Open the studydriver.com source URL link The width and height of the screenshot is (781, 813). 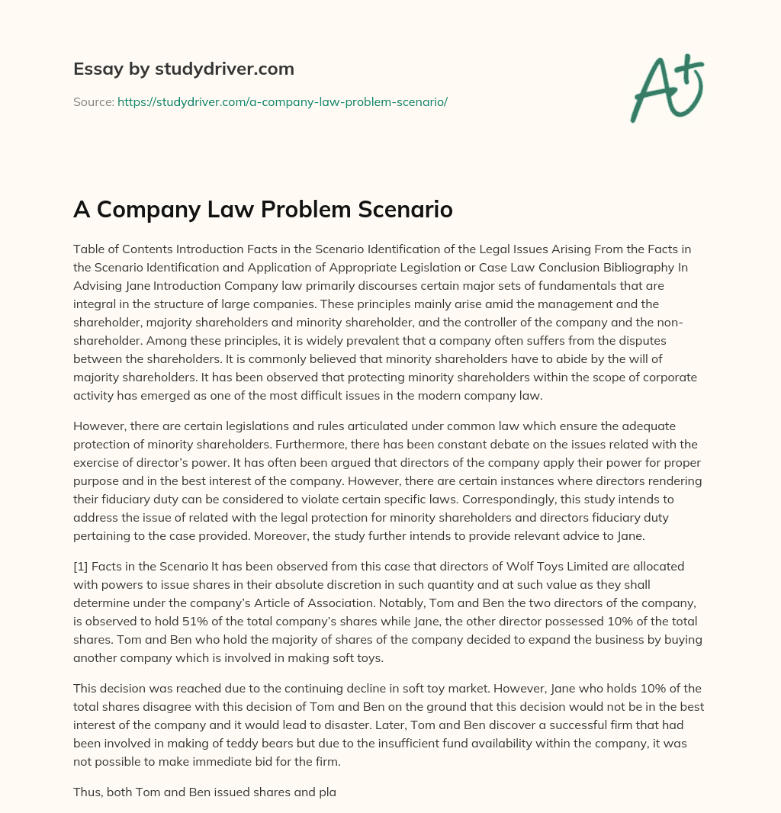tap(282, 101)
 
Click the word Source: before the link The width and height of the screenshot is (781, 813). tap(93, 101)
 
